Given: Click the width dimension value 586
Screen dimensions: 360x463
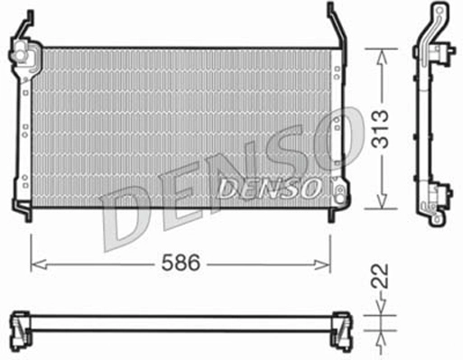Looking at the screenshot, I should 181,263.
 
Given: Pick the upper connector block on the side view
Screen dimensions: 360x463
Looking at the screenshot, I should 441,54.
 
